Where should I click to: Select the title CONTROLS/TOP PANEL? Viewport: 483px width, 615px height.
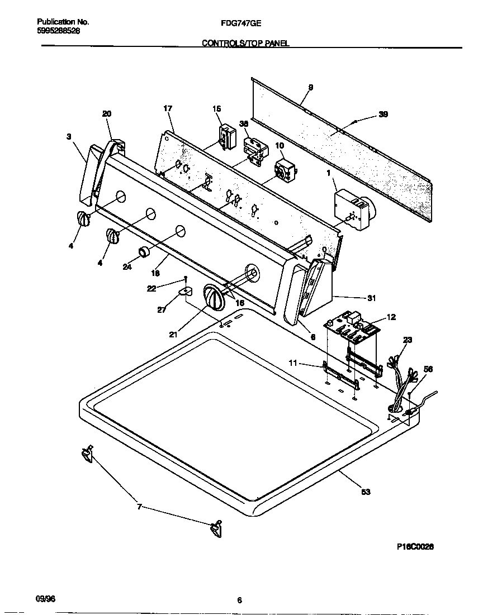[x=245, y=42]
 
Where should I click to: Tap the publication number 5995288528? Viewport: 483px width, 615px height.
[x=58, y=31]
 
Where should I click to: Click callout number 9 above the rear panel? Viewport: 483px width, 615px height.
[x=310, y=87]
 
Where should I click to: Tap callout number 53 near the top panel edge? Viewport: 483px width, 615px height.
[x=366, y=492]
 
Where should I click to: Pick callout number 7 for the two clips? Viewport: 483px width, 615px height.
[x=140, y=507]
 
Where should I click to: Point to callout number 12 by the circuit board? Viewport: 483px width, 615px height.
[x=391, y=317]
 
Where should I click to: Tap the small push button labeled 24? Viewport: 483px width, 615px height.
[x=145, y=251]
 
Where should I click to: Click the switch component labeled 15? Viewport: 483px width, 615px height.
[x=227, y=136]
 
